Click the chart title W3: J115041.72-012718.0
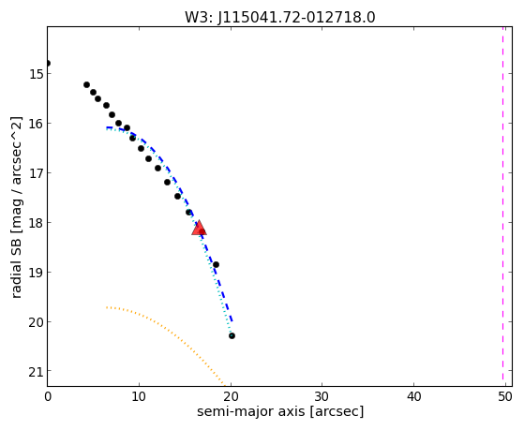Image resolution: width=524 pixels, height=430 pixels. coord(280,17)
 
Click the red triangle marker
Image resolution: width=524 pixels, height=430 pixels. coord(199,228)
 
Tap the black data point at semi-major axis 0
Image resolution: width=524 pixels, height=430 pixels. coord(48,63)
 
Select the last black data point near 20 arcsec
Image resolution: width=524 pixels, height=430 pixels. coord(232,335)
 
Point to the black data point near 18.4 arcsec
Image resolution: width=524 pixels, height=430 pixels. coord(216,264)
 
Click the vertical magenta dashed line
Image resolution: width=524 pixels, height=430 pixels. coord(503,206)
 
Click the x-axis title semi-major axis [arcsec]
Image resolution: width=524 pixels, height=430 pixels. coord(280,411)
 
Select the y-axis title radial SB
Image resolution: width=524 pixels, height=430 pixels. coord(17,207)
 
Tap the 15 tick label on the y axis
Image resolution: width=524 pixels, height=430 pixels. coord(36,74)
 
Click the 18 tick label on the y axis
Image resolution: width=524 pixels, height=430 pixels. coord(36,223)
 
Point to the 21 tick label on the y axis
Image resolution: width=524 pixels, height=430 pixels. coord(36,372)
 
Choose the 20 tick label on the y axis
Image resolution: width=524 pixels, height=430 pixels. coord(36,322)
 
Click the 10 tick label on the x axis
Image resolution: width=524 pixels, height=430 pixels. coord(139,396)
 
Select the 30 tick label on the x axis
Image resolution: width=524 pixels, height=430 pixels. coord(322,396)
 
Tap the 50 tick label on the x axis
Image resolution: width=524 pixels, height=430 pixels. coord(505,396)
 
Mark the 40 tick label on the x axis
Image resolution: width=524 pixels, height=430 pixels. coord(413,396)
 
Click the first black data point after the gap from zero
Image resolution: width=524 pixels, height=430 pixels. coord(86,85)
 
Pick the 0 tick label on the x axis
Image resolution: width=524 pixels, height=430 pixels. coord(48,396)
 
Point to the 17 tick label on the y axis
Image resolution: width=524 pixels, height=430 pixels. coord(36,173)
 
